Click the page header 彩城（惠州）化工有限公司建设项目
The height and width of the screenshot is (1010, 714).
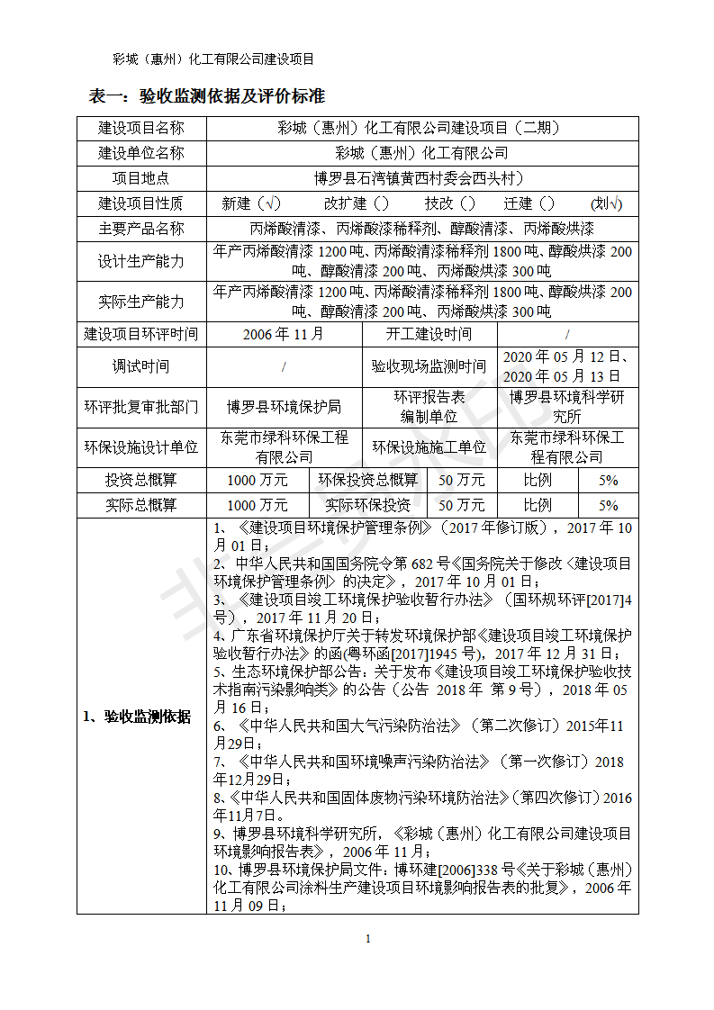213,59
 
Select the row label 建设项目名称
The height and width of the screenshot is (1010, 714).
141,128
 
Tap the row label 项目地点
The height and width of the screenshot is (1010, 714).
141,178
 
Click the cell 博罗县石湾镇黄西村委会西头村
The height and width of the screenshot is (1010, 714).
422,178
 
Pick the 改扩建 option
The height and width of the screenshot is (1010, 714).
357,204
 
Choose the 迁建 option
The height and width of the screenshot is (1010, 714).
529,204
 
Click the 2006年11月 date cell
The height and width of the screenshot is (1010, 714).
284,334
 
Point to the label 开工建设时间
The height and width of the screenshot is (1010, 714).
429,334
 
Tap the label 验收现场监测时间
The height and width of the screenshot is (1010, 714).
429,366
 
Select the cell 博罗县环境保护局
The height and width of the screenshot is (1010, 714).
284,407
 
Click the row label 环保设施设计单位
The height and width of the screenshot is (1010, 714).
141,447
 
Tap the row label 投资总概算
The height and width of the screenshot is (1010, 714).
141,480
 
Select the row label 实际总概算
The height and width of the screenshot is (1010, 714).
141,505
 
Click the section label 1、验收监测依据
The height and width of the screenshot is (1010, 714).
137,717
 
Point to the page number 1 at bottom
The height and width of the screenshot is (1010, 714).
368,940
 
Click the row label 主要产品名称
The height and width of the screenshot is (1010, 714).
141,230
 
